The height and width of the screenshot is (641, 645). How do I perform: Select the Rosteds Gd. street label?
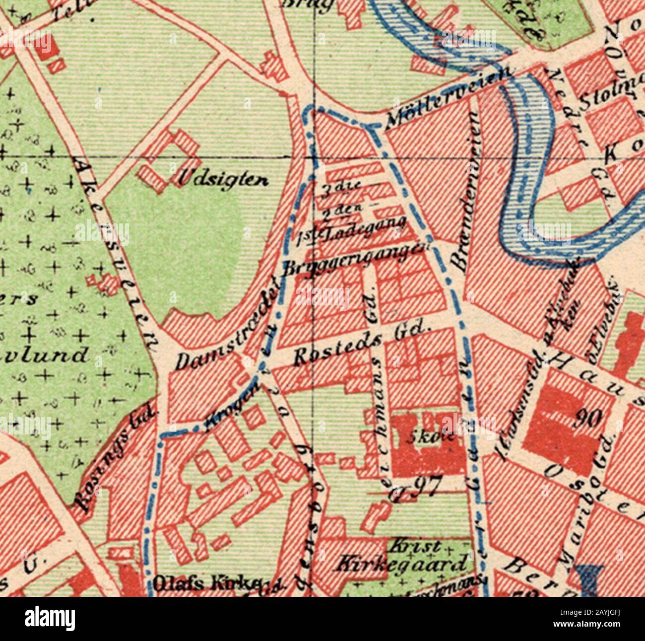[361, 345]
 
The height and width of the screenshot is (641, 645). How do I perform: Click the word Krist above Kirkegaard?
[409, 547]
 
